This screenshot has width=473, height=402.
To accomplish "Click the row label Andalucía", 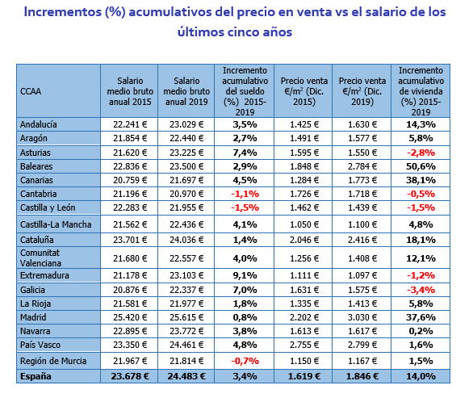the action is (38, 124).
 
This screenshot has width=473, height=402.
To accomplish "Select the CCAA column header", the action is (31, 91).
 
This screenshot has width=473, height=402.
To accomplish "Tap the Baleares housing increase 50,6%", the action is (421, 166).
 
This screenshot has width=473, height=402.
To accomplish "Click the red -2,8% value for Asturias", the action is (421, 153).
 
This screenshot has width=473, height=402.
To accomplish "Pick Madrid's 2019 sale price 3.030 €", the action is (362, 317).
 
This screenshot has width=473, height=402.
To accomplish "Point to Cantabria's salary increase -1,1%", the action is (245, 194).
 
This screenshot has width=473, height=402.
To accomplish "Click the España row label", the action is (36, 376).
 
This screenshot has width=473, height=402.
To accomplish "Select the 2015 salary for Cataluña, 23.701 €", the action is (130, 240).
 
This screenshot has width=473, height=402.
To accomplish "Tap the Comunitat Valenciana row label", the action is (40, 258).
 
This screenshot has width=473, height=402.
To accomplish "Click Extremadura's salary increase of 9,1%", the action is (245, 275).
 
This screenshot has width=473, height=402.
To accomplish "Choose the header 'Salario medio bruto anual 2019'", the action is (186, 91).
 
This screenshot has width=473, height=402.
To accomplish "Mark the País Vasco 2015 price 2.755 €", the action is (304, 345).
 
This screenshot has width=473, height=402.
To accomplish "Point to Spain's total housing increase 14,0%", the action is (421, 376).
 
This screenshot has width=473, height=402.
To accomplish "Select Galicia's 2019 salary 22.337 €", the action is (186, 290).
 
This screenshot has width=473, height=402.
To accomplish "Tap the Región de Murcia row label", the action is (53, 361).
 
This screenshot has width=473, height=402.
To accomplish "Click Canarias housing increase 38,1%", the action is (421, 180).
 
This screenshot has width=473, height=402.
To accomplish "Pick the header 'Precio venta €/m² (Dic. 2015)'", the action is (304, 91).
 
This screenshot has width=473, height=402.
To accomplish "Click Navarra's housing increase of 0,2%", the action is (421, 331).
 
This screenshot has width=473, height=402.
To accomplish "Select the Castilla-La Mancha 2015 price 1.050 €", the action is (304, 224).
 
